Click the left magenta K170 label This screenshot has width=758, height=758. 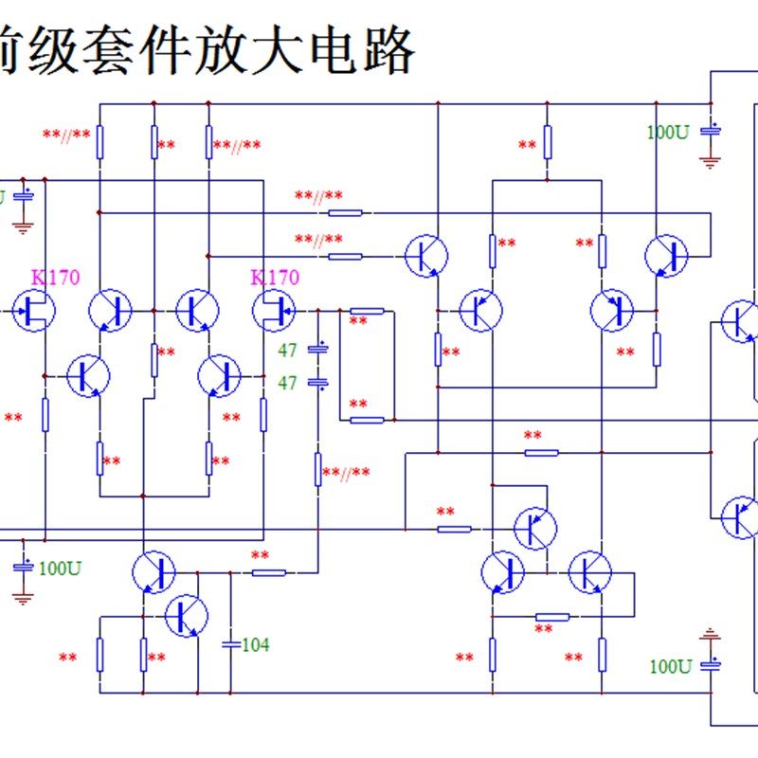click(x=56, y=278)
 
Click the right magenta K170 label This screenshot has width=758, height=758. click(x=275, y=278)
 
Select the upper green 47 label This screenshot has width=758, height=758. click(x=288, y=351)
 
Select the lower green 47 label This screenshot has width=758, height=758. click(x=288, y=383)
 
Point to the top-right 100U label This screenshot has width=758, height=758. click(x=668, y=133)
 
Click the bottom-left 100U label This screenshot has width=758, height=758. click(x=60, y=568)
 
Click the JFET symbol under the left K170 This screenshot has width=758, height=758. click(x=35, y=311)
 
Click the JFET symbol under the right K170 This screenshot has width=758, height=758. click(x=273, y=311)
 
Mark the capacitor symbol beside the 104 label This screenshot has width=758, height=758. click(x=230, y=644)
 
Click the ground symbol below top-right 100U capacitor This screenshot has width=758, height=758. click(x=710, y=161)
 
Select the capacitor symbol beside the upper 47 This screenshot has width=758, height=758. click(x=319, y=350)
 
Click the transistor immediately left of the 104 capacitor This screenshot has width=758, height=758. click(x=187, y=617)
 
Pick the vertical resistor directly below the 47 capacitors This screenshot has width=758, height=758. click(x=318, y=469)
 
